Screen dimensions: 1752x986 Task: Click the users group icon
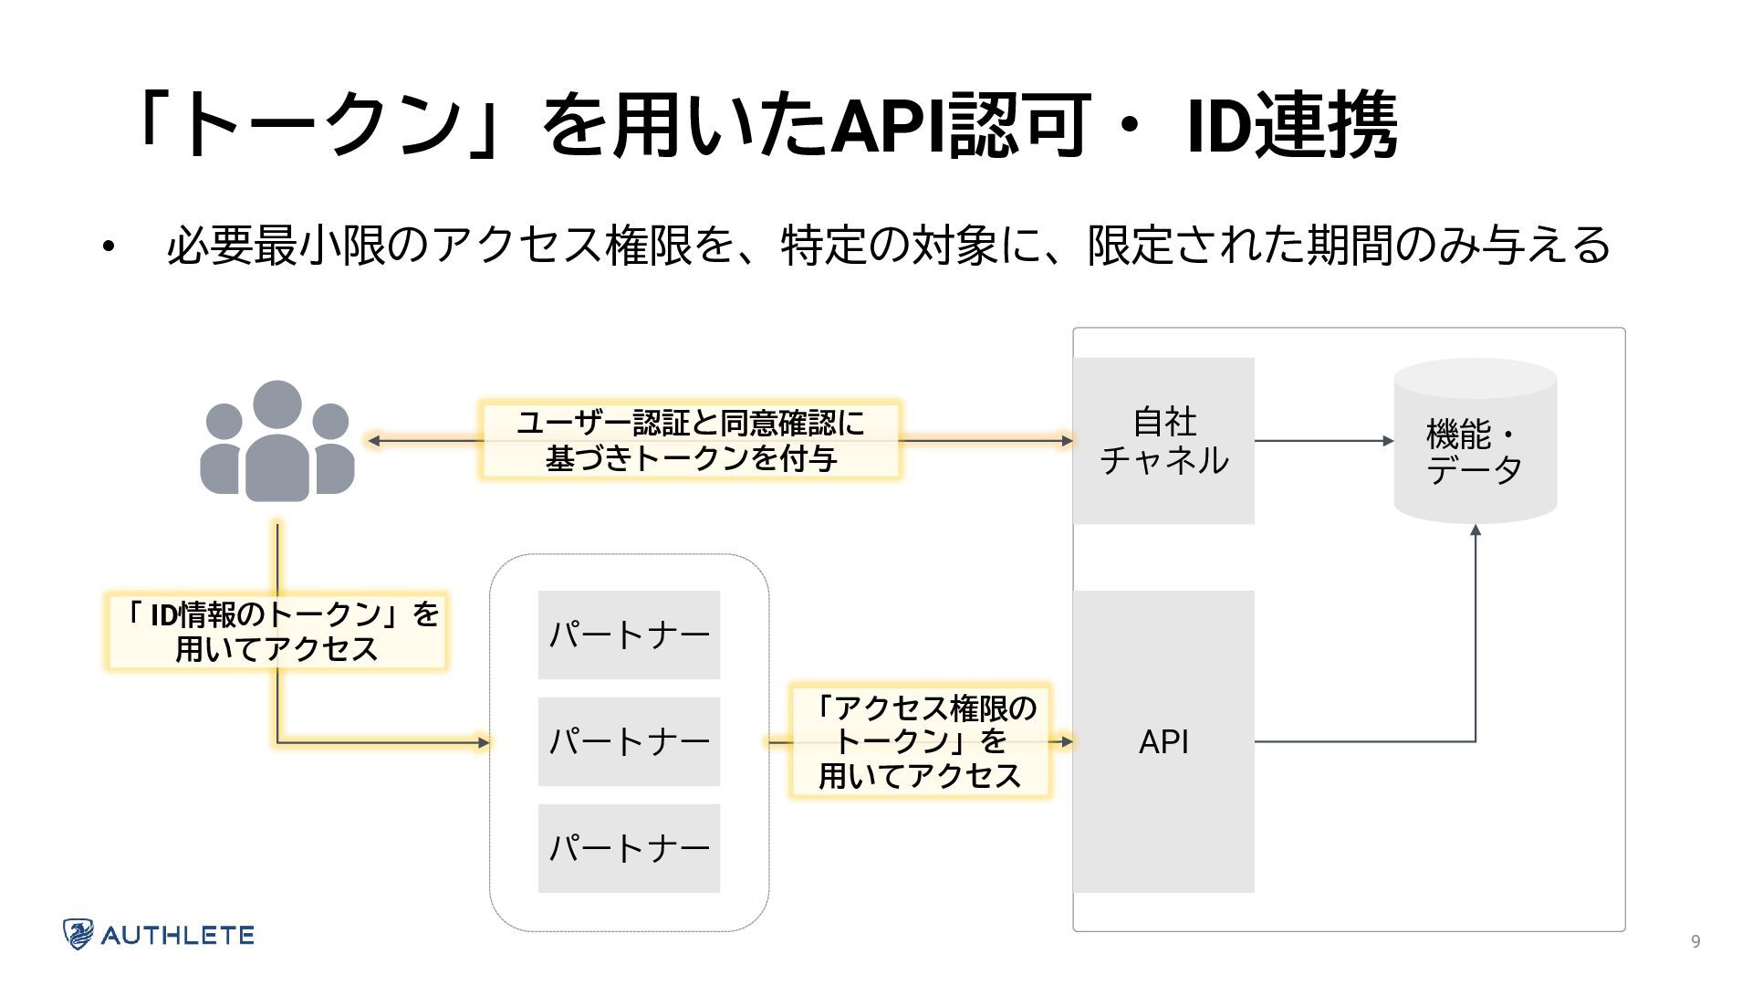(277, 441)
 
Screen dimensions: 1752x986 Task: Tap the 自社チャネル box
(1163, 441)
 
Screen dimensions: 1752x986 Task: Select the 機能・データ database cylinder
(1476, 441)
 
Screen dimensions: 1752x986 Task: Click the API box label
(1163, 742)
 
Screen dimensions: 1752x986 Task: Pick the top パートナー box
(629, 635)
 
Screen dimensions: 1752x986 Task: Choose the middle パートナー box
(629, 741)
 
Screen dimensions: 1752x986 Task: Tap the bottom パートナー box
(629, 848)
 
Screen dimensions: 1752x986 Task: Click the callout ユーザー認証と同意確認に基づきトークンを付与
(691, 440)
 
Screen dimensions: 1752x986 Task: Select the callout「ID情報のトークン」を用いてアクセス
(276, 632)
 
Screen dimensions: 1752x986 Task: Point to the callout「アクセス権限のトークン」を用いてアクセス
(920, 741)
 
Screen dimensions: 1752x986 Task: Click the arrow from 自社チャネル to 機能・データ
(1324, 441)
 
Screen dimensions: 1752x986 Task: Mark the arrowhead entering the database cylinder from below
(1476, 530)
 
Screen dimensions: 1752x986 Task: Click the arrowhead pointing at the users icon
(372, 440)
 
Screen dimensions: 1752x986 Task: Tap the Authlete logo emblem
(78, 934)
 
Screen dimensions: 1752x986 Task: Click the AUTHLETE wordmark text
(177, 935)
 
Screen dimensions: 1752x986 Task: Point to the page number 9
(1695, 942)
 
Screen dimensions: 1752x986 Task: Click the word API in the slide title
(888, 124)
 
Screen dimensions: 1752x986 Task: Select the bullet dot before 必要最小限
(109, 246)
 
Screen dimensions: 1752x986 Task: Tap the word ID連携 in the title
(1291, 124)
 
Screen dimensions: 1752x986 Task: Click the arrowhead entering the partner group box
(485, 742)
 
